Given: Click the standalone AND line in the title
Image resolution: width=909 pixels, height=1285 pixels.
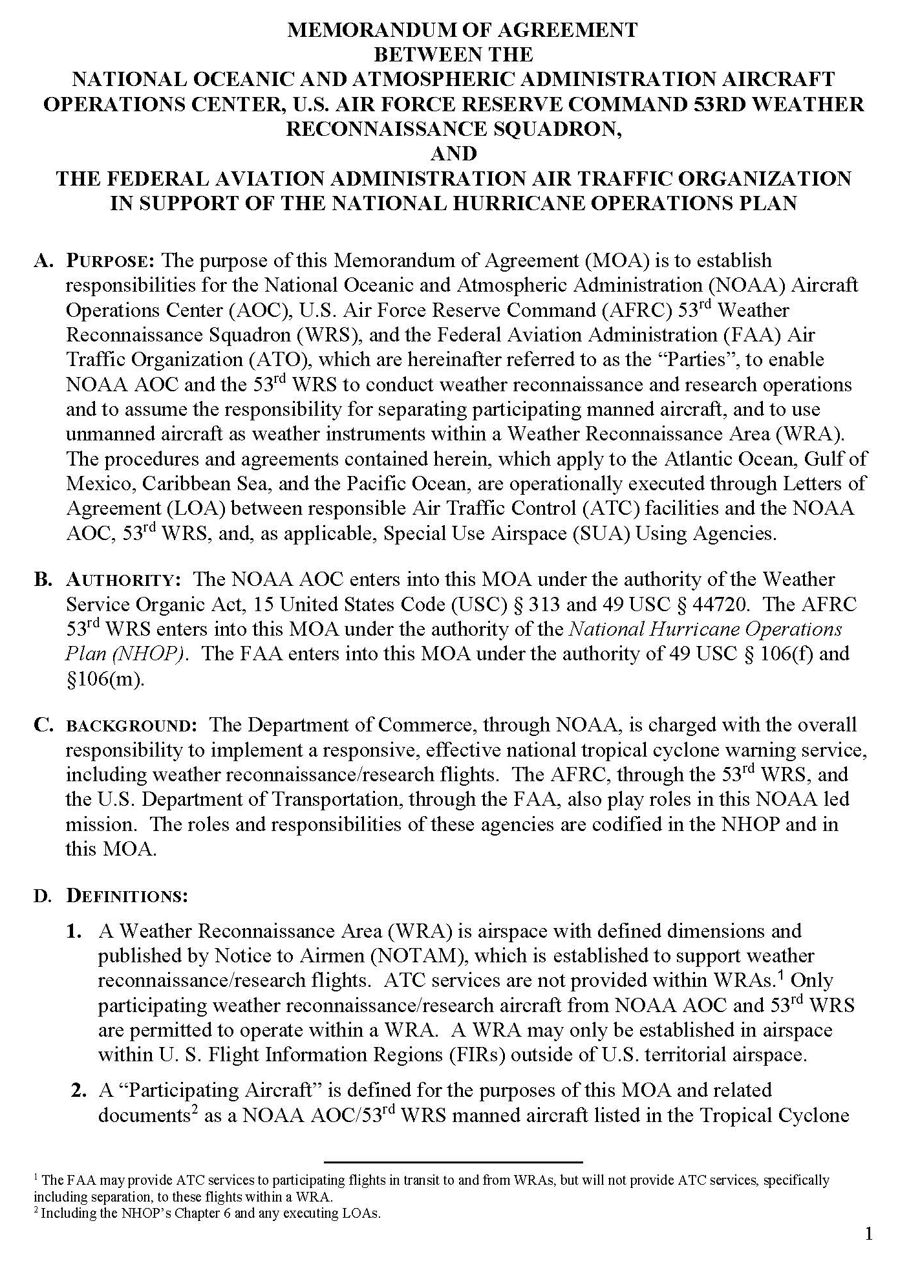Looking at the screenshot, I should (x=453, y=153).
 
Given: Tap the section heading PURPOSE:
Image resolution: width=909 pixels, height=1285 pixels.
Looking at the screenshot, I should (x=110, y=261).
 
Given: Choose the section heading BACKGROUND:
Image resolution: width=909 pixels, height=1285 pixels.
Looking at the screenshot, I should (x=132, y=726).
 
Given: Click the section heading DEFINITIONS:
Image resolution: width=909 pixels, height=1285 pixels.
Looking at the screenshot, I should (x=127, y=896).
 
